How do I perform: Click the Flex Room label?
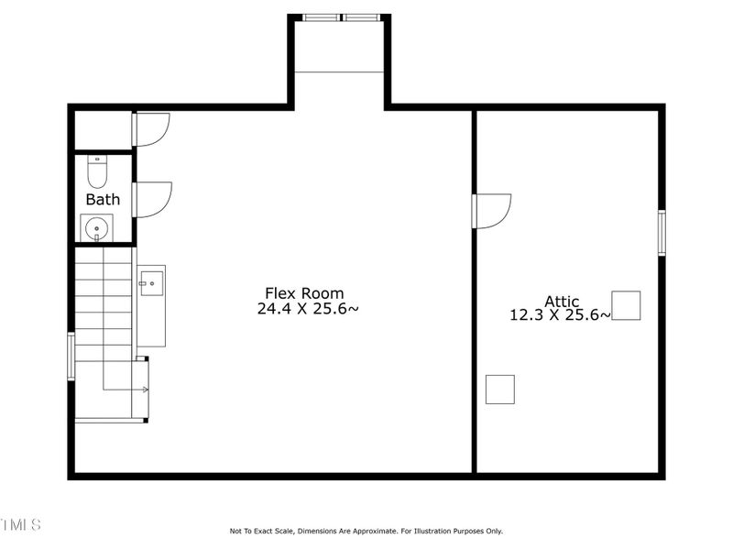pos(304,293)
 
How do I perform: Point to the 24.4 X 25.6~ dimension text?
pos(308,310)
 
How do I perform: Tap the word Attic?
pos(562,301)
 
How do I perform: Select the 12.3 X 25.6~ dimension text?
pos(560,315)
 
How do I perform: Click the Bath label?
pos(103,199)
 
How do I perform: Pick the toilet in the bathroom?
pos(97,170)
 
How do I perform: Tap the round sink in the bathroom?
pos(96,225)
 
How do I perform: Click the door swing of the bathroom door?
pos(152,199)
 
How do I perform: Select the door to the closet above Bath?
pos(151,128)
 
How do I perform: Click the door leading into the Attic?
pos(491,210)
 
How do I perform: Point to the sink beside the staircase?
pos(151,280)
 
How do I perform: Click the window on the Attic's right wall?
pos(662,232)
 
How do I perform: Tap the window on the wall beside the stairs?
pos(71,356)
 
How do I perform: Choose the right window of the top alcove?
pos(362,16)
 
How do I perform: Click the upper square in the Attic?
pos(626,305)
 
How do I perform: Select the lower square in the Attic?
pos(499,389)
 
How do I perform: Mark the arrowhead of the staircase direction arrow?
pos(145,390)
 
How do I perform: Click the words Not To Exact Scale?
pos(266,531)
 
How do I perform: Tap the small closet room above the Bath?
pos(103,130)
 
